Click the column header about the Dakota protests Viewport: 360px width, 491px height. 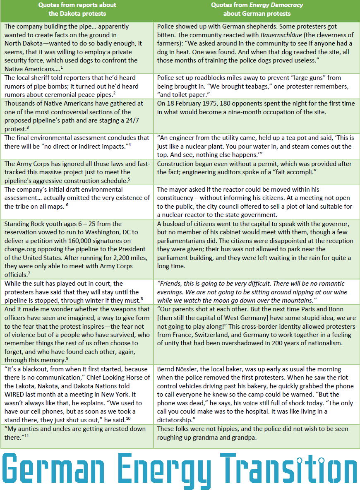pyautogui.click(x=77, y=9)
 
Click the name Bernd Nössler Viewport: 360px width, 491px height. pyautogui.click(x=178, y=369)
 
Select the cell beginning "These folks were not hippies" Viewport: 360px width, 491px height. pyautogui.click(x=257, y=433)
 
